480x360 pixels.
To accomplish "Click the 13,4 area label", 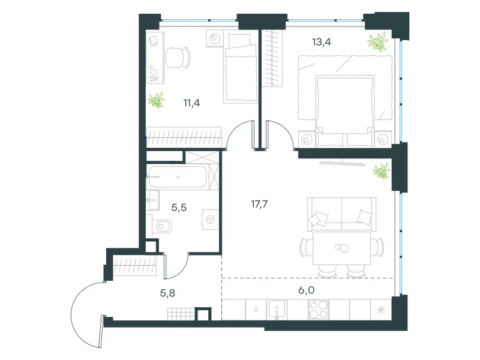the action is coord(322,42).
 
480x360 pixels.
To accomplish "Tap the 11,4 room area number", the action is coord(191,103).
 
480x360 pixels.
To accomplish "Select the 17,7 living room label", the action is coord(259,204).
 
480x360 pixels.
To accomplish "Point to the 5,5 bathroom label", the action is coord(179,208).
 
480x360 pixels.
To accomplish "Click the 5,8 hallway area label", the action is coord(168,293).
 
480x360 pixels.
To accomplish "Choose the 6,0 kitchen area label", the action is coord(307,290).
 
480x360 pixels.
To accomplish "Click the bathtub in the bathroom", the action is coord(178,176).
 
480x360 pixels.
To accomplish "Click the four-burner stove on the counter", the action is coord(319,310).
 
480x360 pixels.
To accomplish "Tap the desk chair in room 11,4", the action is coord(178,58).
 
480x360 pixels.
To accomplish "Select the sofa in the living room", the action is coord(341,214).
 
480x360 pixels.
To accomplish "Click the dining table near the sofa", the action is coord(341,248).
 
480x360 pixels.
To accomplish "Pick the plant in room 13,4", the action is coord(378,41).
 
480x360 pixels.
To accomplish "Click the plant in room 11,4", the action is coord(156,100).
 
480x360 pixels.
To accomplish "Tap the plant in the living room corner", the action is coord(382,171).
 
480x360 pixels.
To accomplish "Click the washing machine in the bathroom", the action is coord(210,219).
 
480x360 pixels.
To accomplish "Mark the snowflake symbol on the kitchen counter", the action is coord(381,310).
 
